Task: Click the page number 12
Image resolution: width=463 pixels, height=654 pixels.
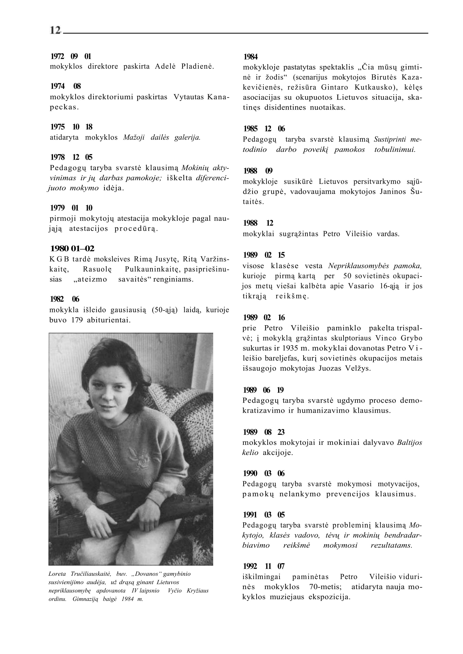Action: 55,30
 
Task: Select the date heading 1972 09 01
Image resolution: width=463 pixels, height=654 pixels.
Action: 71,56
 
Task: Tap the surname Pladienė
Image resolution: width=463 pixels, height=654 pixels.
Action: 198,67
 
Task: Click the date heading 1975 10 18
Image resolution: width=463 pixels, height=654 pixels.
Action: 71,127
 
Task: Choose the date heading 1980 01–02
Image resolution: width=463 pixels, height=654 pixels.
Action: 72,249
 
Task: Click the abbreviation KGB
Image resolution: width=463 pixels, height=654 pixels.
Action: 59,259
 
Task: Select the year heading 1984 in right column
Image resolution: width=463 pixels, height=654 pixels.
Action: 251,57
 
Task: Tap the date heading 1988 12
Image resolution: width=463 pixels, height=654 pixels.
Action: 258,223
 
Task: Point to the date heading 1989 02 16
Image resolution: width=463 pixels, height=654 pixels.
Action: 264,317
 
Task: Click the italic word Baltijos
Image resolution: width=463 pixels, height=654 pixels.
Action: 409,443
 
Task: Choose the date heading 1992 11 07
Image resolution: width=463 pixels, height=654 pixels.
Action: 264,566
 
